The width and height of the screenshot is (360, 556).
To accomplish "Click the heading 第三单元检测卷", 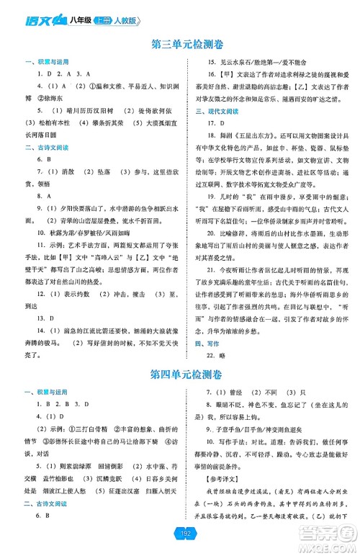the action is coord(180,44).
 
